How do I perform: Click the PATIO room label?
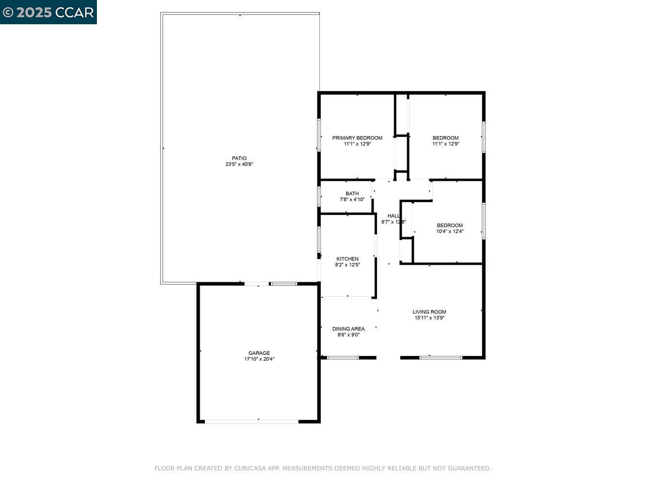(239, 158)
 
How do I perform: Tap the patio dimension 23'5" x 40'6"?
(239, 164)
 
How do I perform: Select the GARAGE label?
(259, 353)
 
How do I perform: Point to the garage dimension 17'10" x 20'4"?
(259, 359)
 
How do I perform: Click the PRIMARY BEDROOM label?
(357, 138)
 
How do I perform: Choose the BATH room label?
(352, 194)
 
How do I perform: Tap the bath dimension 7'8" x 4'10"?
(352, 199)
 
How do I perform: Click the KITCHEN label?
(347, 259)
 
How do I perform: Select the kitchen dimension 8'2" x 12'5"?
(347, 265)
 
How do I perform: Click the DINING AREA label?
(348, 329)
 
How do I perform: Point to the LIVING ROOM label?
(429, 312)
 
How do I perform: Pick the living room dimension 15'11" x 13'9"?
(429, 318)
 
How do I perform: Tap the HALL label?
(393, 216)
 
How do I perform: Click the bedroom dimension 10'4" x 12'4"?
(450, 231)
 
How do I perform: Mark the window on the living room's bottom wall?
(441, 358)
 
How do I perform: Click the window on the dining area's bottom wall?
(343, 358)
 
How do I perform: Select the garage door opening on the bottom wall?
(252, 421)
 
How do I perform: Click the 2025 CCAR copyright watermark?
(48, 12)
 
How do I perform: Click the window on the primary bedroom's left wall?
(319, 134)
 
